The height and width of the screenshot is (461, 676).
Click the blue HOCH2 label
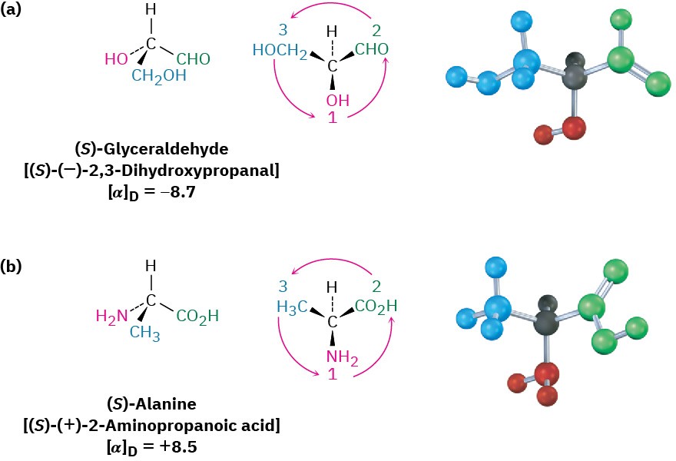click(280, 52)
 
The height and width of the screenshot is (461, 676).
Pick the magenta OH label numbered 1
click(333, 101)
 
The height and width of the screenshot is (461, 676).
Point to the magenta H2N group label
click(111, 315)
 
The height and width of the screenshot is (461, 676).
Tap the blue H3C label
click(293, 308)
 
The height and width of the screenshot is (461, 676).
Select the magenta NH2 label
click(333, 356)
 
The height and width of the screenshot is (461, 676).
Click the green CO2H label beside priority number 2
click(376, 307)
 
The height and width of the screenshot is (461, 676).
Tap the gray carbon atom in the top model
click(572, 74)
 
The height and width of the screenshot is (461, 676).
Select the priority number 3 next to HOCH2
click(280, 32)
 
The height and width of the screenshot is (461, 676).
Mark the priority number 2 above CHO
click(376, 32)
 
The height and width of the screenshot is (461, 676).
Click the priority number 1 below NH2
click(333, 374)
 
